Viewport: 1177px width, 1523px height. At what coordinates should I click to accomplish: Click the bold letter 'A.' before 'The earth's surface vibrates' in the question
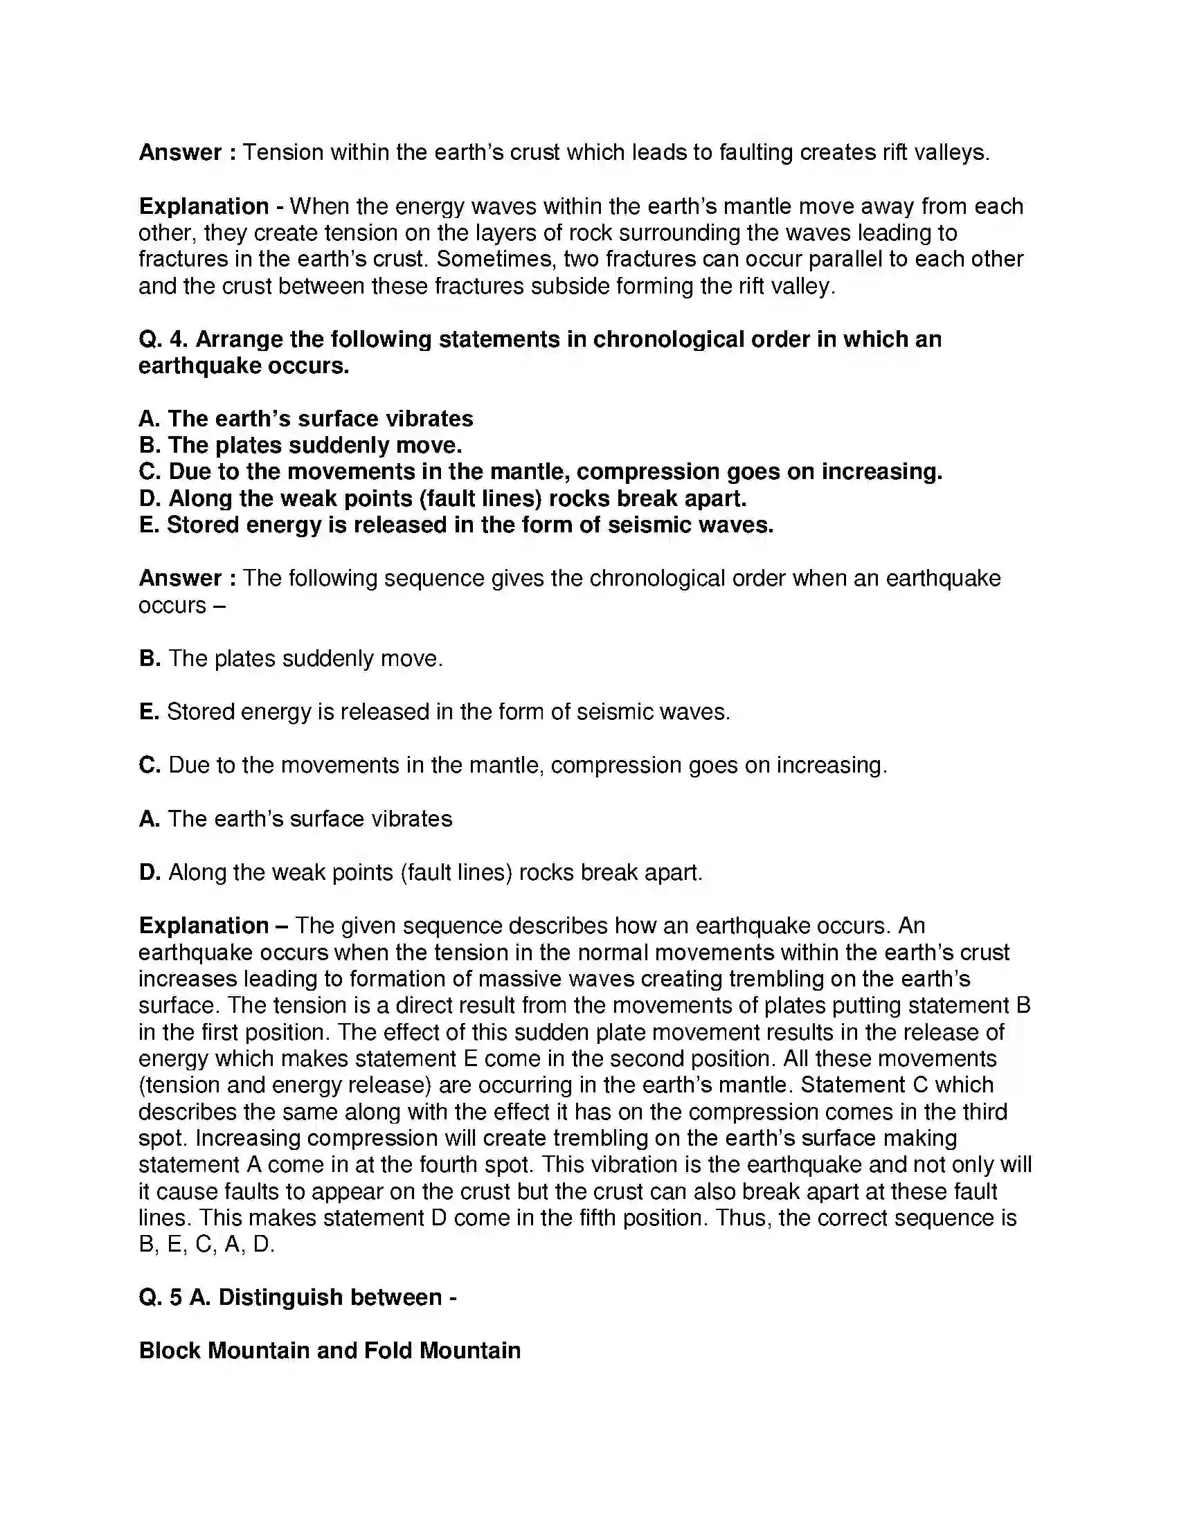pyautogui.click(x=150, y=418)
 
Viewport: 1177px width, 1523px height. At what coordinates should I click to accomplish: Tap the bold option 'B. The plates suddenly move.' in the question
pyautogui.click(x=300, y=445)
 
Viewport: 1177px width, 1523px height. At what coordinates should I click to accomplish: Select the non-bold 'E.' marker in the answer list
pyautogui.click(x=150, y=712)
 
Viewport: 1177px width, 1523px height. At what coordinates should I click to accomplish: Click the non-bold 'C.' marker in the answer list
pyautogui.click(x=150, y=765)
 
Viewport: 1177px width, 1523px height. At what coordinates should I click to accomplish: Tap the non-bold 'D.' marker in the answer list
pyautogui.click(x=150, y=872)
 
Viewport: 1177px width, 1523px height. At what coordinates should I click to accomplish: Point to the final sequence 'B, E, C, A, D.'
pyautogui.click(x=206, y=1244)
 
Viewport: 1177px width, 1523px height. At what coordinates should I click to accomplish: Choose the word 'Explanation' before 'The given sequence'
pyautogui.click(x=204, y=926)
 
